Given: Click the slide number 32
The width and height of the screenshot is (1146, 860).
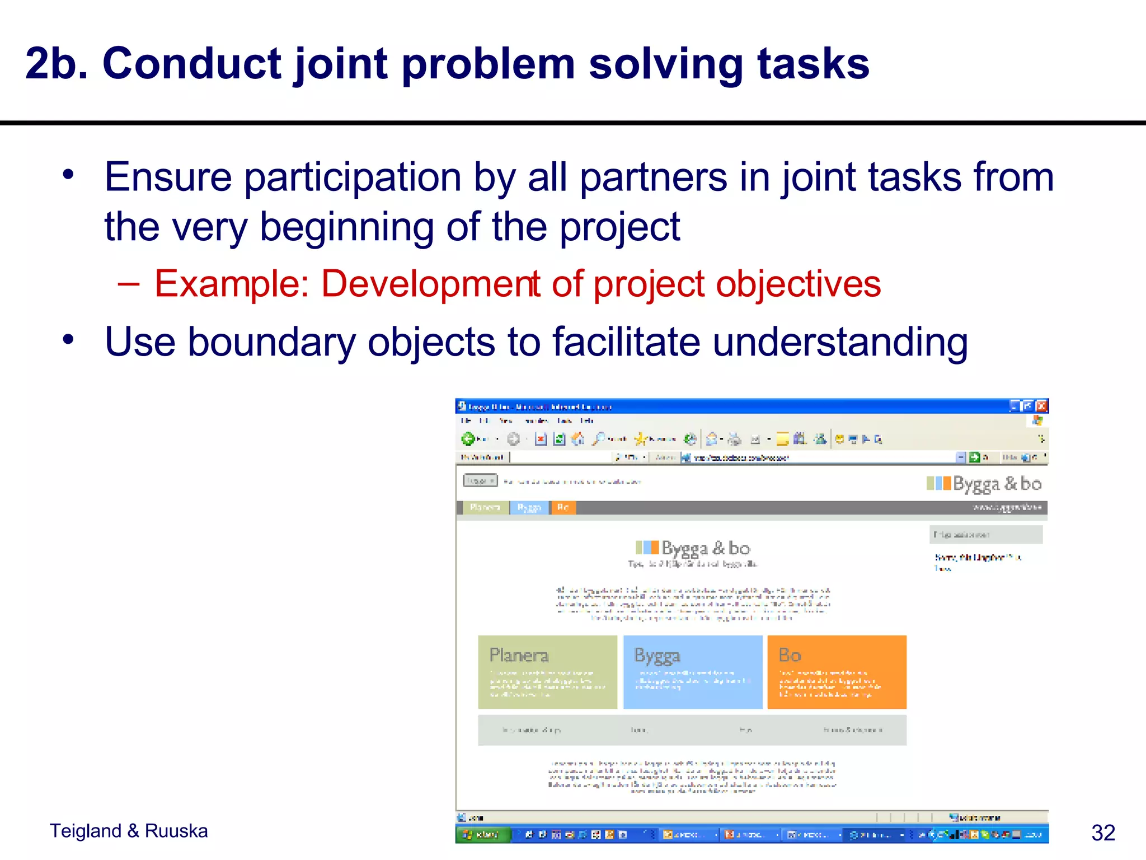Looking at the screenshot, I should (1103, 833).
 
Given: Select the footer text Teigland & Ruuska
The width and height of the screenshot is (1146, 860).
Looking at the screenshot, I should (129, 831).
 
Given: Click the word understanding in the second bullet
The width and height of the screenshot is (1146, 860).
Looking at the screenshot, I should (840, 342).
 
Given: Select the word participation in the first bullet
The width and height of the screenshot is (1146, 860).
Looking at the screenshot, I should (353, 178).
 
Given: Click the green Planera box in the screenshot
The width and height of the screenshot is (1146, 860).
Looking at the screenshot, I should (547, 672).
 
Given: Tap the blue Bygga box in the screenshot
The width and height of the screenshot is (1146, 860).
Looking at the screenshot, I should (692, 672).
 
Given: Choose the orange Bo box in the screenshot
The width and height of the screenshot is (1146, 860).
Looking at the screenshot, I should (837, 672).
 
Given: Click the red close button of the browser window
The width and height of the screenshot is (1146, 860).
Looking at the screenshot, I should (1041, 406).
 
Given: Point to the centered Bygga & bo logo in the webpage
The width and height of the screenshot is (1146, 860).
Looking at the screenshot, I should (693, 548).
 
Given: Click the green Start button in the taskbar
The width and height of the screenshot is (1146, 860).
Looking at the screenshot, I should (482, 835).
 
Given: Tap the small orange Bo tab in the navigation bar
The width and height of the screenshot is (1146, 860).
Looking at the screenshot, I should (562, 507).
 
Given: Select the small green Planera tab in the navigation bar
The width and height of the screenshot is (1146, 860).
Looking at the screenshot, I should (485, 507).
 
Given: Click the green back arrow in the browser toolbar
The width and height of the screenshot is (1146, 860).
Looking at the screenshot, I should (468, 439).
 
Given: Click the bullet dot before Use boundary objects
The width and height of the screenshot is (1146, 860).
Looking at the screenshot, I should (68, 339).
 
